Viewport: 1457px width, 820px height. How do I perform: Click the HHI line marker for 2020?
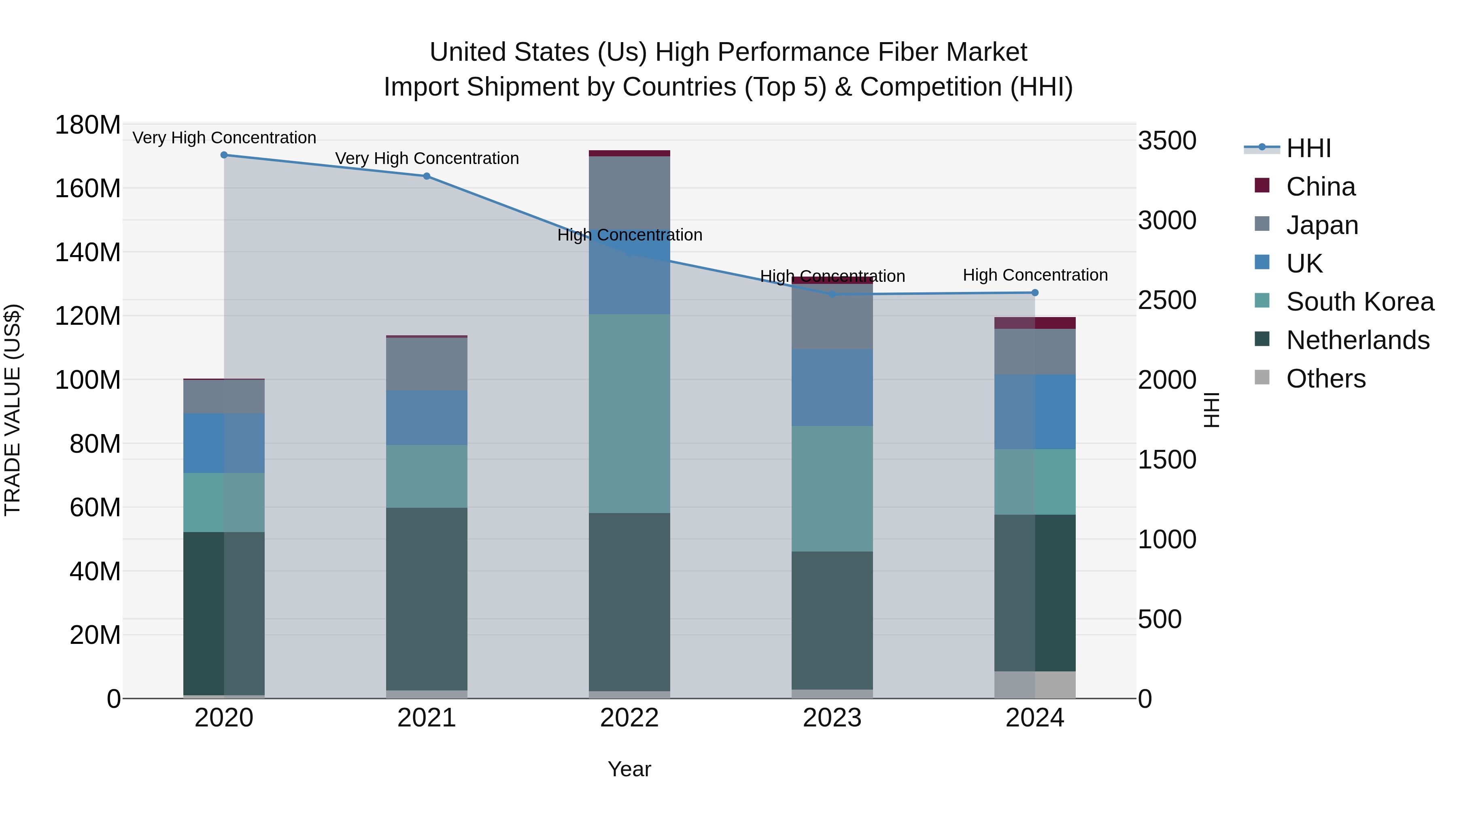[x=224, y=155]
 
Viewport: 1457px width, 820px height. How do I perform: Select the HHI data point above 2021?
[x=427, y=176]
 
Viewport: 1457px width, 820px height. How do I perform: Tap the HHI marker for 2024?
[x=1034, y=293]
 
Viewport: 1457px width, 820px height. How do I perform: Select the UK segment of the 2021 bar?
[x=427, y=417]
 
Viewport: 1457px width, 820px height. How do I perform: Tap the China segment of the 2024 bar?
[x=1034, y=323]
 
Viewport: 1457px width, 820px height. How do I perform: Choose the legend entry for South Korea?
[x=1360, y=302]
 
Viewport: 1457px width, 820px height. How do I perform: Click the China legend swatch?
[x=1262, y=185]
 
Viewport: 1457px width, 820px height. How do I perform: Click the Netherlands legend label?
[x=1357, y=340]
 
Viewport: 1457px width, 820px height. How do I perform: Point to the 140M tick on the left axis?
[x=88, y=252]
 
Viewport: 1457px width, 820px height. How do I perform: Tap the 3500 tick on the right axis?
[x=1167, y=141]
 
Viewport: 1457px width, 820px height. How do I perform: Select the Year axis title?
[x=629, y=769]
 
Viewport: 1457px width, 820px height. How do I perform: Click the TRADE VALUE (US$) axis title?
[x=13, y=410]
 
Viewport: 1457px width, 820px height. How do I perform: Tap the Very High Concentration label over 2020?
[x=224, y=138]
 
